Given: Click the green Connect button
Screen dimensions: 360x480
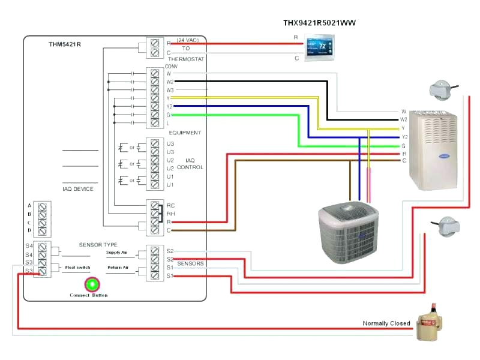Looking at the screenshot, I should click(x=92, y=284).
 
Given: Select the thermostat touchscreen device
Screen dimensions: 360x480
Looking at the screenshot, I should click(x=317, y=47).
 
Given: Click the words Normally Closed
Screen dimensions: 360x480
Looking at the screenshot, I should click(x=386, y=323).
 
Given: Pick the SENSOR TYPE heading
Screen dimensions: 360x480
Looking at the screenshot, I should click(x=98, y=245).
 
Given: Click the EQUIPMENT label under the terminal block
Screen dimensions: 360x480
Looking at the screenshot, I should click(x=185, y=133).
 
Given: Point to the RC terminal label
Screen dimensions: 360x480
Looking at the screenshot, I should click(x=170, y=205).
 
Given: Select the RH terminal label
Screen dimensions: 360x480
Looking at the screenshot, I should click(x=170, y=214).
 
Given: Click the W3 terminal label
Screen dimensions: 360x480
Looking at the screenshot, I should click(x=170, y=89).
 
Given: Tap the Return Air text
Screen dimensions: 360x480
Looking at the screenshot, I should click(x=118, y=268).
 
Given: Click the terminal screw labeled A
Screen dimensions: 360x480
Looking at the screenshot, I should click(x=43, y=206).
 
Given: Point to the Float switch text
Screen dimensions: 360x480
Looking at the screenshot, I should click(x=77, y=268).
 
